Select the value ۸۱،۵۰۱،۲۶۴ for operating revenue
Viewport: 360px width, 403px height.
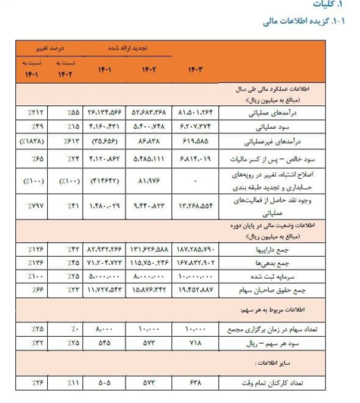coord(196,114)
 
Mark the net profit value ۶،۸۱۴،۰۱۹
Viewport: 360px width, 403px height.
coord(197,160)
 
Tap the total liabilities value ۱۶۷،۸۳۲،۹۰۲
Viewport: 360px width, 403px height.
coord(196,262)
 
